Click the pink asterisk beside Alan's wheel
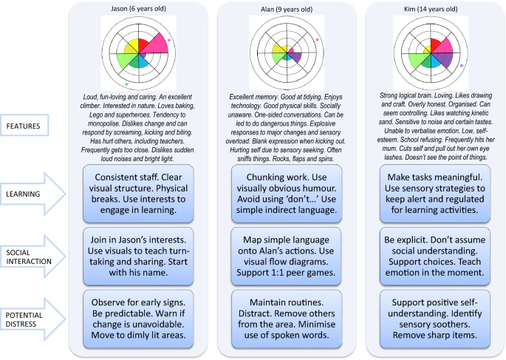coord(317,40)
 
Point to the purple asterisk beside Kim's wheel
coord(462,67)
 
